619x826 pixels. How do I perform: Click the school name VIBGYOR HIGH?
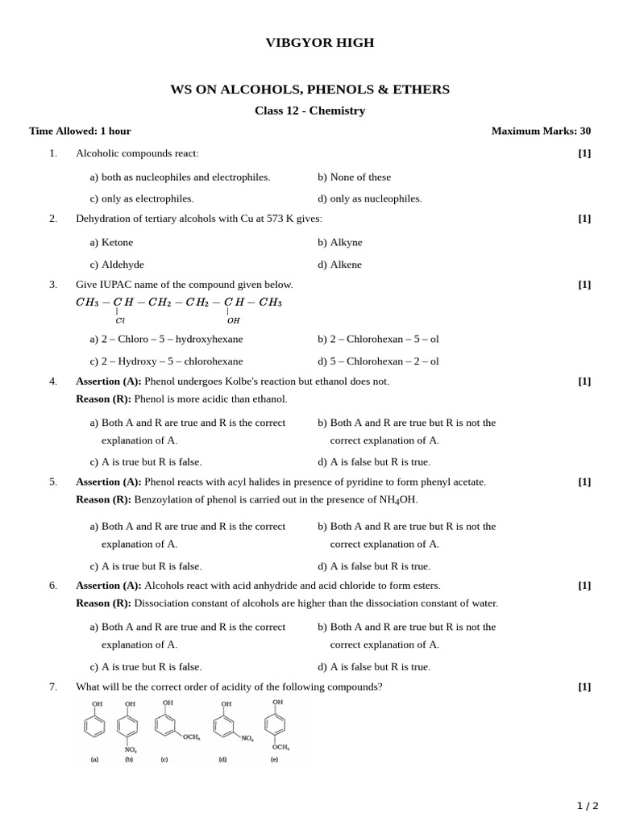pos(319,43)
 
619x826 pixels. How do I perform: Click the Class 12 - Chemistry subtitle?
pos(309,111)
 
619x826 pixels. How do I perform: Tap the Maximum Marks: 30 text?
pos(541,131)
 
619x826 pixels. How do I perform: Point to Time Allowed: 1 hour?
pos(80,131)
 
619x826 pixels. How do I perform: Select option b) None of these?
pos(354,177)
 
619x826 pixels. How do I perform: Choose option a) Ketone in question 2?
pos(111,242)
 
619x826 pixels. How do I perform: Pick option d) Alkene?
pos(339,264)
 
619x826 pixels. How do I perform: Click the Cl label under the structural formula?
pos(120,320)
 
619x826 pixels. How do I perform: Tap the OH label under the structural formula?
pos(234,320)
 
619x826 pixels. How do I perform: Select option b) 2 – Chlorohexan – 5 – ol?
pos(378,339)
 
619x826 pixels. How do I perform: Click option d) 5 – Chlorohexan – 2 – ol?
pos(378,361)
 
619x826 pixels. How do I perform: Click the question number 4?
pos(53,381)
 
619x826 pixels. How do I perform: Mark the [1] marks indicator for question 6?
pos(584,585)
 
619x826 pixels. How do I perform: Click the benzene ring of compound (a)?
pos(94,726)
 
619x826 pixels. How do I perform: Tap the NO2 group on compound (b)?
pos(130,749)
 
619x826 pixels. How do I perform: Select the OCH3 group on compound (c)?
pos(191,736)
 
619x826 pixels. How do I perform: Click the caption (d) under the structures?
pos(222,759)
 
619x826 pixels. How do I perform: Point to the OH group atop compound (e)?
pos(277,703)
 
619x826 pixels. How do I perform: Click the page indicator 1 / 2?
pos(588,805)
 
